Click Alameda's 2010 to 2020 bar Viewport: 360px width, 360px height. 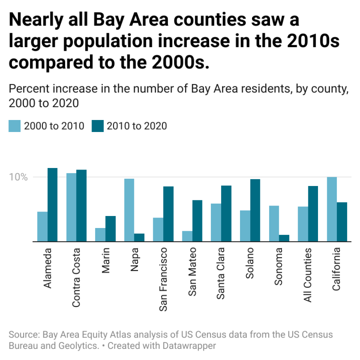52,205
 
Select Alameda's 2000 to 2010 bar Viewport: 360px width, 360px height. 42,226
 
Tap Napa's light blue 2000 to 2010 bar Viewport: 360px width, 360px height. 129,210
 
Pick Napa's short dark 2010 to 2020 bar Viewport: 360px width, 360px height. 139,238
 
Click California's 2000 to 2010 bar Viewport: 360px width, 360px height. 332,209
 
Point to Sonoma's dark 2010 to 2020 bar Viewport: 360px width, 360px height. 284,238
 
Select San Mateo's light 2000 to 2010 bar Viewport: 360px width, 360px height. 187,236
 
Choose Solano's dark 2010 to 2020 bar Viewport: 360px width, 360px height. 255,210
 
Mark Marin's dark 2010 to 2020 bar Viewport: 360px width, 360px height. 110,229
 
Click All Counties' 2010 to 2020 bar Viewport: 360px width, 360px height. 313,214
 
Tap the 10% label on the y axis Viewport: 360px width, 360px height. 19,177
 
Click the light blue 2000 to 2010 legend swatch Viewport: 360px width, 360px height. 14,126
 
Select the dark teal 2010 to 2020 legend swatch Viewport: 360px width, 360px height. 98,126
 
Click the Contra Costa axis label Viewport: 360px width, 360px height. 76,278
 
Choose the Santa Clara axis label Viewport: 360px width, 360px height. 220,273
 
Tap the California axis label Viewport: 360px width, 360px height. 337,269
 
